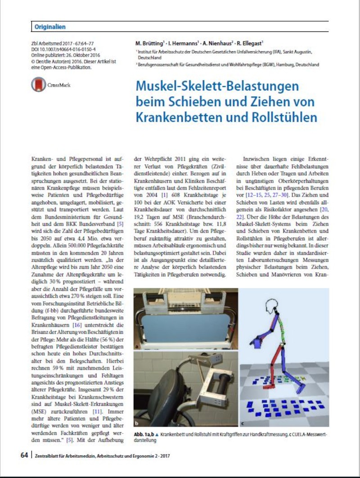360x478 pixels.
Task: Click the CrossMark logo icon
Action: pyautogui.click(x=39, y=85)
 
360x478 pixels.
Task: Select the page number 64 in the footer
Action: pyautogui.click(x=25, y=455)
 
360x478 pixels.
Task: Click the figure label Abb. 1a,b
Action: pyautogui.click(x=144, y=433)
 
